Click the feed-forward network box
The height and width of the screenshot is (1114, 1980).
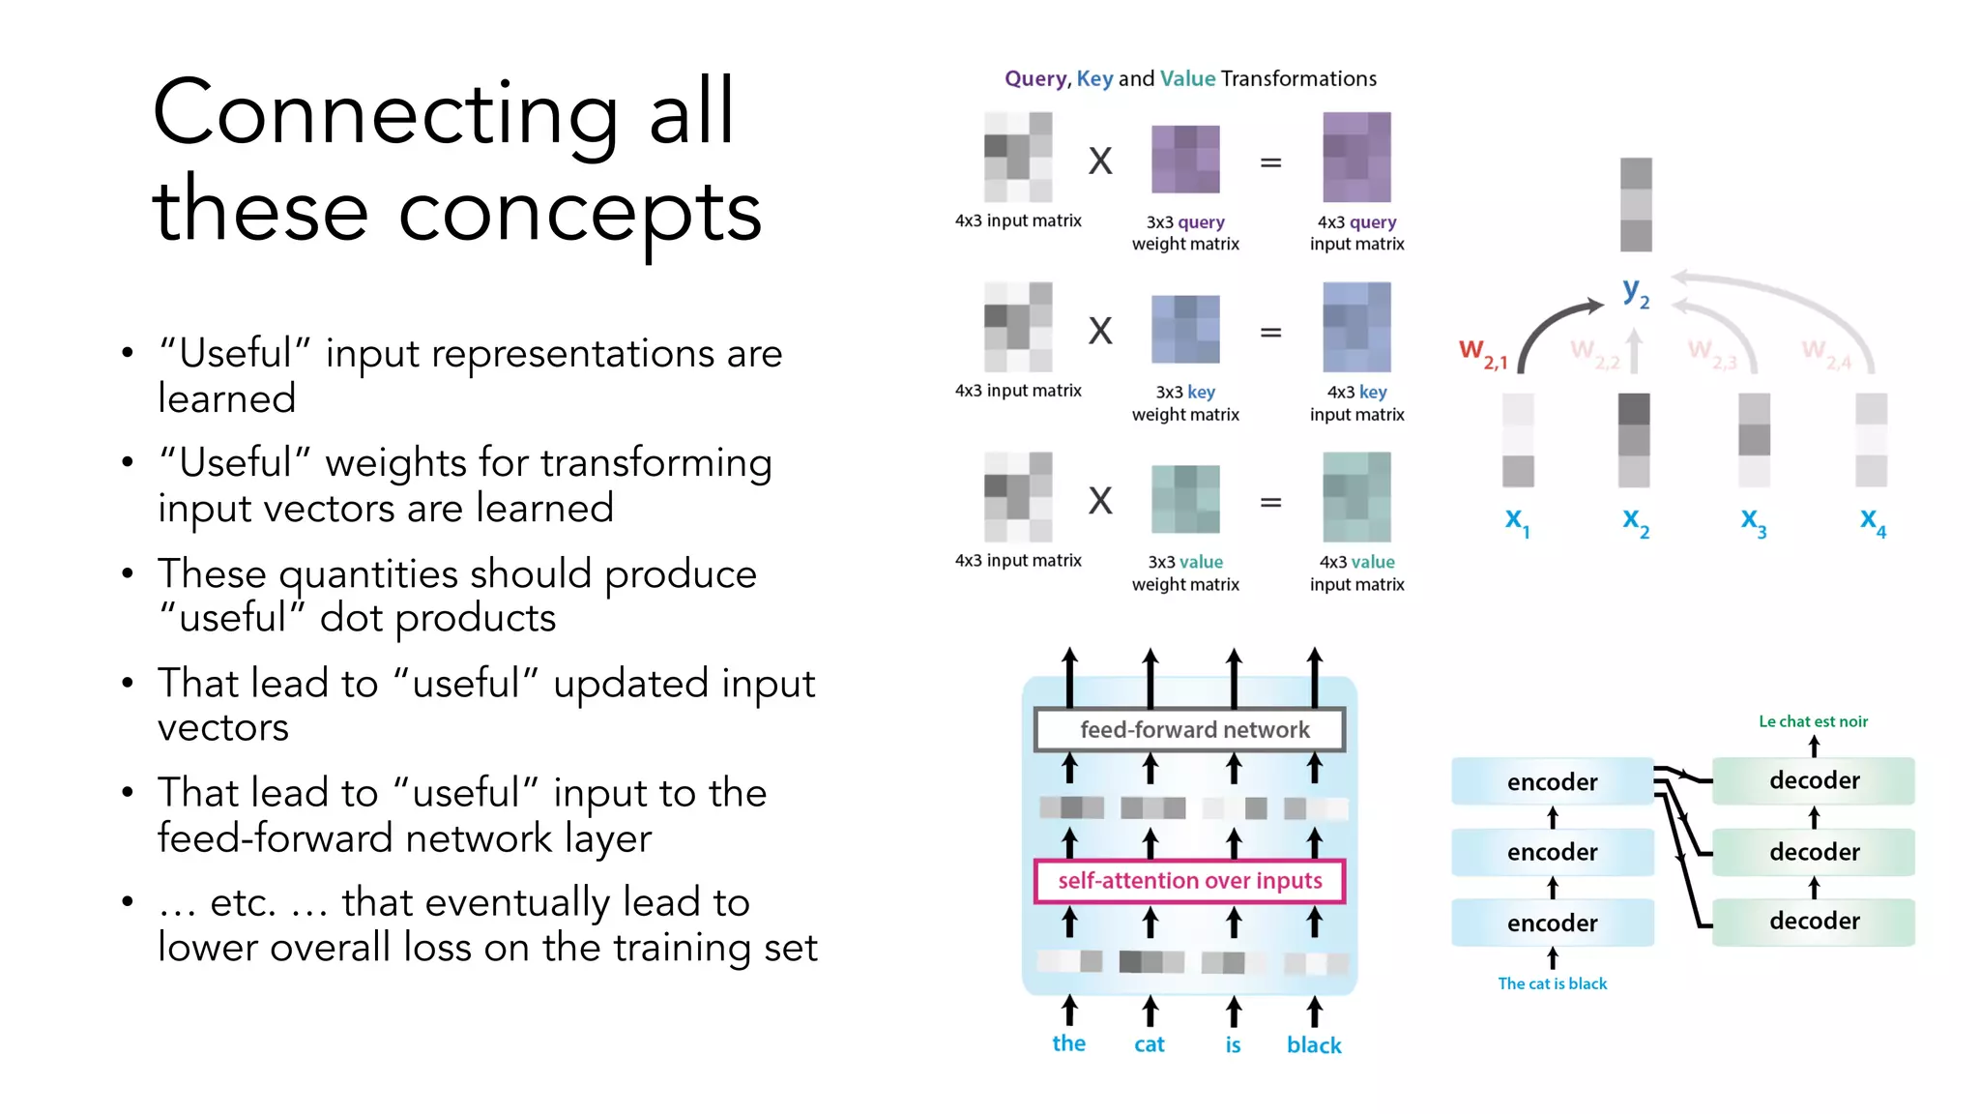click(1189, 730)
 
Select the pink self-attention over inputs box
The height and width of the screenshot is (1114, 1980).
click(1189, 881)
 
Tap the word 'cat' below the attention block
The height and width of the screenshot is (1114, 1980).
click(1149, 1044)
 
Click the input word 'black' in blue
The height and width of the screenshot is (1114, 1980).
click(1314, 1045)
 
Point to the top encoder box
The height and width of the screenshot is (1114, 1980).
click(1552, 781)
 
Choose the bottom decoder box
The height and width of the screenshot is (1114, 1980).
click(1814, 922)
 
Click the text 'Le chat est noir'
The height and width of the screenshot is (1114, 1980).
click(1813, 721)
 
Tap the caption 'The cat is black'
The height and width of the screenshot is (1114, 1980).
click(1552, 983)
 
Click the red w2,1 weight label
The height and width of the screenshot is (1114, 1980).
click(1482, 354)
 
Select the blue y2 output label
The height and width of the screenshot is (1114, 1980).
click(1635, 291)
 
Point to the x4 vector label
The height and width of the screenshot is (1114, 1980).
click(1873, 522)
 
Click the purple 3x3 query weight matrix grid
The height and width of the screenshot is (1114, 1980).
click(1185, 160)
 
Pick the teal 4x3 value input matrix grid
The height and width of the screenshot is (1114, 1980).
click(1356, 497)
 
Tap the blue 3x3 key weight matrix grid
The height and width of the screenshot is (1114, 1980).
click(1185, 330)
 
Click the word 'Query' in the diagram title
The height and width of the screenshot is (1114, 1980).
click(1035, 78)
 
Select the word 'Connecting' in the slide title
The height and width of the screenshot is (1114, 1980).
click(385, 114)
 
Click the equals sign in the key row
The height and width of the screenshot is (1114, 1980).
click(1270, 333)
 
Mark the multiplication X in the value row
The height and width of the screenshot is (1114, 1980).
click(1100, 501)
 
